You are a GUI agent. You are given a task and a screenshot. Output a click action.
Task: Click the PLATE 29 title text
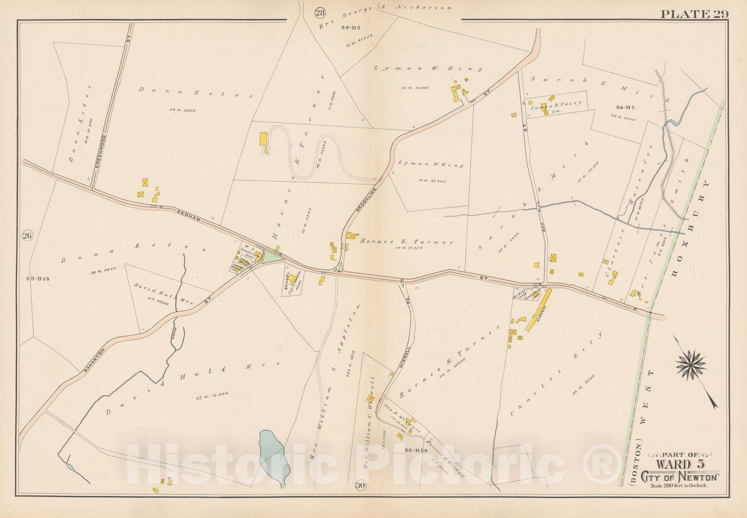tap(694, 14)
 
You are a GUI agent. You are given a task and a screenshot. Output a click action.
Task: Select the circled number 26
tap(27, 236)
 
